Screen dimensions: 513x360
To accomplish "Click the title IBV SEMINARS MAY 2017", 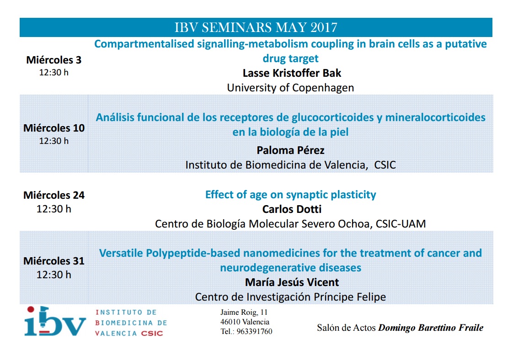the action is pos(256,27).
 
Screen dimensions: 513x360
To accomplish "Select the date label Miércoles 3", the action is pos(53,60).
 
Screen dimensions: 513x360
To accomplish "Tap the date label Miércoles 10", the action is pos(54,128).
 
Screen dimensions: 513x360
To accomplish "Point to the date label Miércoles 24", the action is pos(54,195).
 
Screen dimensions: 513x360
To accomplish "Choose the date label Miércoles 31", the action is pos(54,261).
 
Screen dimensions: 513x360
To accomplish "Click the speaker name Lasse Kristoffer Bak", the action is pos(292,73).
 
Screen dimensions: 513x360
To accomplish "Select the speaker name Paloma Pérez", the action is pos(290,150).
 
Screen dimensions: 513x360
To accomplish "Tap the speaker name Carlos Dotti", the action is pos(292,209).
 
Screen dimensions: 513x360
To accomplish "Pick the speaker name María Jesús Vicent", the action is pos(292,282).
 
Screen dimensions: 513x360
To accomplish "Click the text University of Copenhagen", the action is pos(290,88).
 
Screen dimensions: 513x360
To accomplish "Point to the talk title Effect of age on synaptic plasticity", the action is pos(290,195).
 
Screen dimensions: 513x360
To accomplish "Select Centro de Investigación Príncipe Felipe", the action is pos(290,297).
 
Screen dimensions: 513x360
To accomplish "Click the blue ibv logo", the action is pos(55,322).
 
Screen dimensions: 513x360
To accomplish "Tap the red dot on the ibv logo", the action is pos(31,309).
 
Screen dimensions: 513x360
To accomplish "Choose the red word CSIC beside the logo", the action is pos(152,334).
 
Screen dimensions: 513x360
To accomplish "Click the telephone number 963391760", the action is pos(254,332).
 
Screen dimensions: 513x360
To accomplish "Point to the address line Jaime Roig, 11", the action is pos(244,312).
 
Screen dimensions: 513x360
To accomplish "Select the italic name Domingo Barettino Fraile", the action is pos(431,328).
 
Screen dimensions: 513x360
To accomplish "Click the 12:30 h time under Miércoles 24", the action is pos(54,209).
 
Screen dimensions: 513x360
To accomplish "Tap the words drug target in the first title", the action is pos(290,58).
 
